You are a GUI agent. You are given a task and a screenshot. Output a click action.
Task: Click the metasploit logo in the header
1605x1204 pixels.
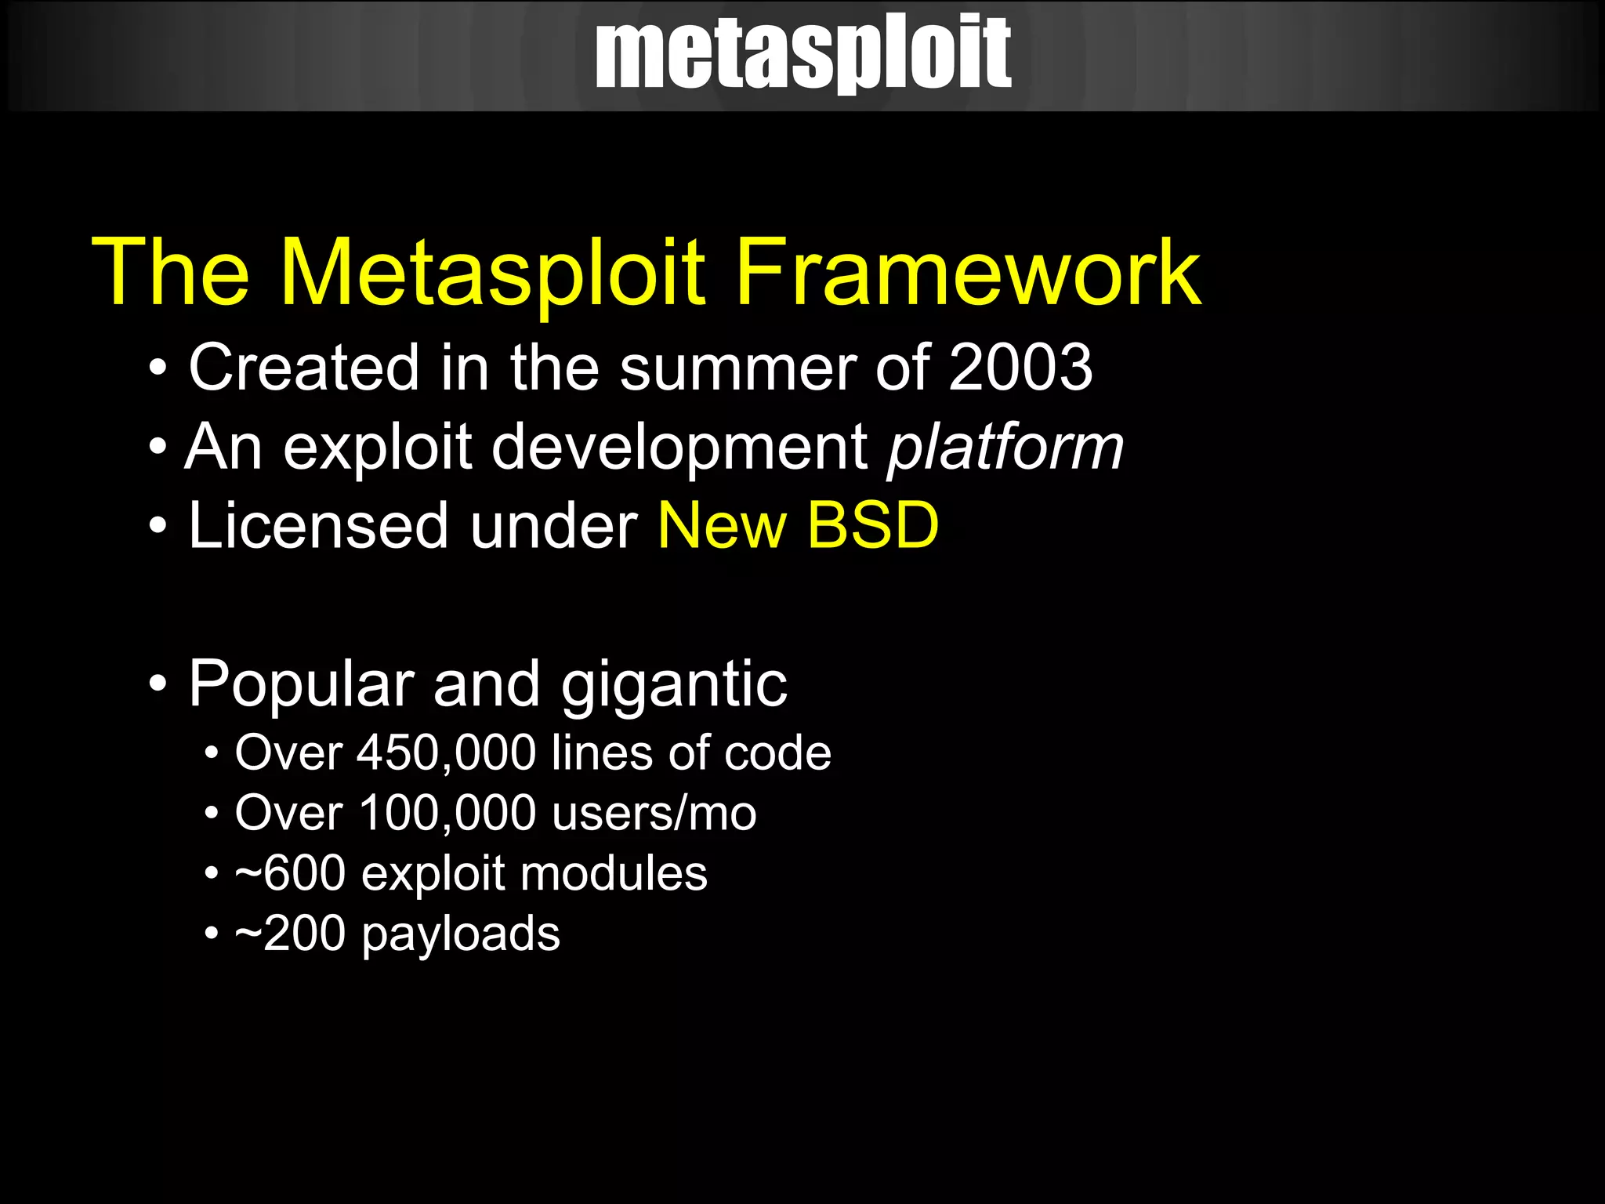(x=802, y=53)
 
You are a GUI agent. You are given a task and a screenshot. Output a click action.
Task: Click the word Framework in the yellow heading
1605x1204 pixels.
(x=967, y=273)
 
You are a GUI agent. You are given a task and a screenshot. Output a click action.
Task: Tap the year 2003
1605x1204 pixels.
(x=1020, y=368)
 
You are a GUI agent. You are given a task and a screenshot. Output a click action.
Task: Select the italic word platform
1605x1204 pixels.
(x=1005, y=448)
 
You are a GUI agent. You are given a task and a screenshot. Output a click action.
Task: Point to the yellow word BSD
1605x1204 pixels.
(x=872, y=525)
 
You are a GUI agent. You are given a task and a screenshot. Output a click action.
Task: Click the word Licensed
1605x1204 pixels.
(x=318, y=525)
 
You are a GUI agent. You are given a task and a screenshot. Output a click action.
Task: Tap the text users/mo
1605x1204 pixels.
(x=654, y=813)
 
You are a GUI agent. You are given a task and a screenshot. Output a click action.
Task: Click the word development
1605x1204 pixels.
(x=679, y=448)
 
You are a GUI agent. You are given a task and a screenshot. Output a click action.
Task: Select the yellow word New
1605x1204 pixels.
(x=722, y=525)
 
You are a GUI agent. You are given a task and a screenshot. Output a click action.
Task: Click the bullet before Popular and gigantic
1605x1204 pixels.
(x=158, y=684)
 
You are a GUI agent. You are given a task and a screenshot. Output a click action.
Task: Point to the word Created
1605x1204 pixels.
(x=304, y=368)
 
